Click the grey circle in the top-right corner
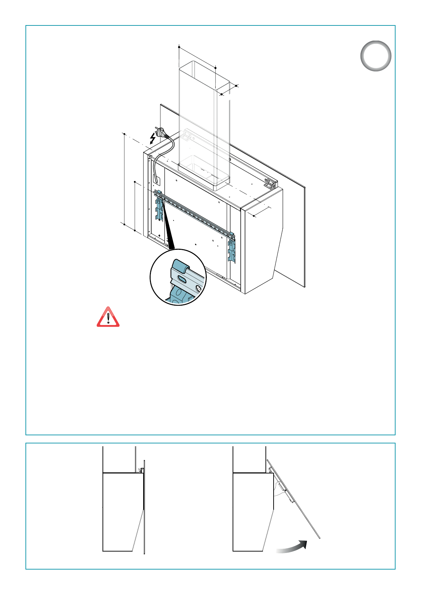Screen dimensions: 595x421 (376, 56)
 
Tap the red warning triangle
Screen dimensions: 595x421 (108, 317)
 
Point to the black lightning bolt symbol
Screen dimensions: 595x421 (153, 138)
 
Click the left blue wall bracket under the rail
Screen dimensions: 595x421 (159, 208)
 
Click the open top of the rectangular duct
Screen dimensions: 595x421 (204, 74)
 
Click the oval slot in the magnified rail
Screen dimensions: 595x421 (183, 279)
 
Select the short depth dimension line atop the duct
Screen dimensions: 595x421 (229, 90)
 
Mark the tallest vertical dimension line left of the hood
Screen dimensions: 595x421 (124, 178)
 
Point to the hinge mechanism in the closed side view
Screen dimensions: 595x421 (141, 470)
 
